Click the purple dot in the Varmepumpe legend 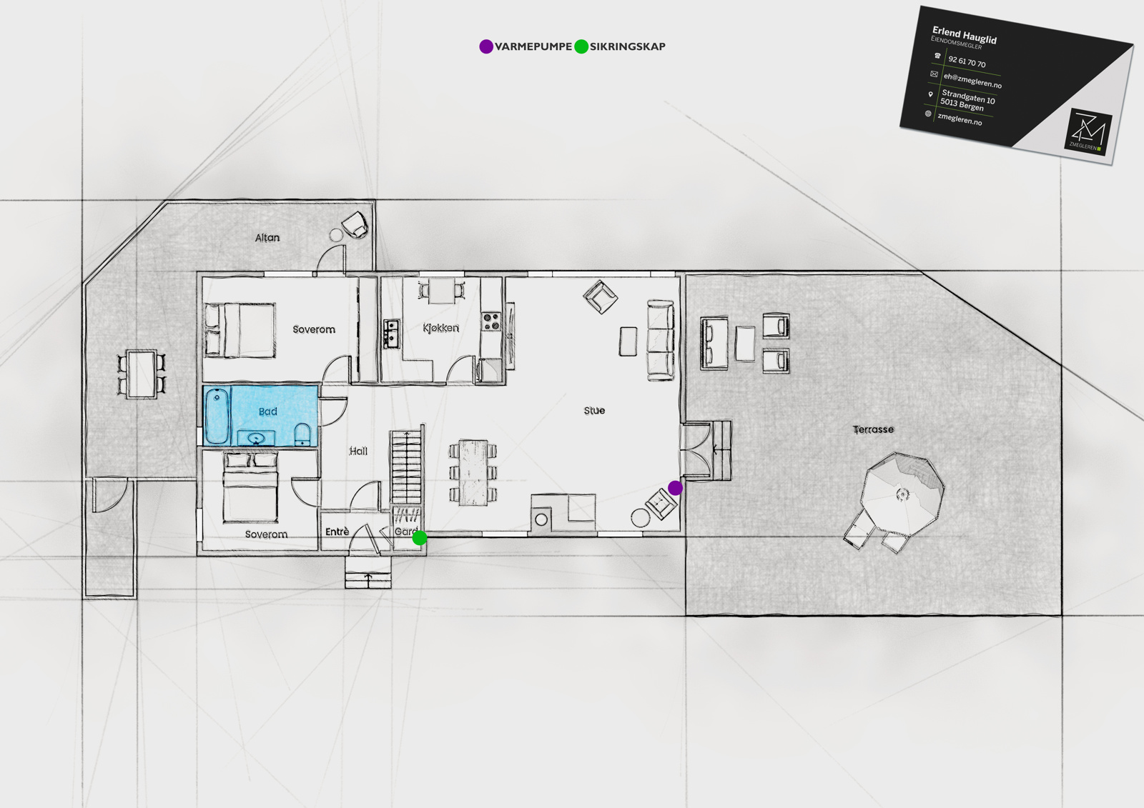486,46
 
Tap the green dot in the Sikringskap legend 581,46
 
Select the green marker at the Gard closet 419,537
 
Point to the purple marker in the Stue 675,488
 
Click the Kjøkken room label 440,328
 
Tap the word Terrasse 873,429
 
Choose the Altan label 267,237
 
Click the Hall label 358,451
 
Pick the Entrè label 337,532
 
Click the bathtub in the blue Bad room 217,416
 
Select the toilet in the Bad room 302,434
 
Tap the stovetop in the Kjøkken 491,321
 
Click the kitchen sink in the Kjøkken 392,334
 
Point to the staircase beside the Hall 407,466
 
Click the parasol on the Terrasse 902,494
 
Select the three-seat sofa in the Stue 661,340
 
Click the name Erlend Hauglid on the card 965,35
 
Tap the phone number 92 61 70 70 967,61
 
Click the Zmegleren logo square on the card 1088,131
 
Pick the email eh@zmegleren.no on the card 972,80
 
